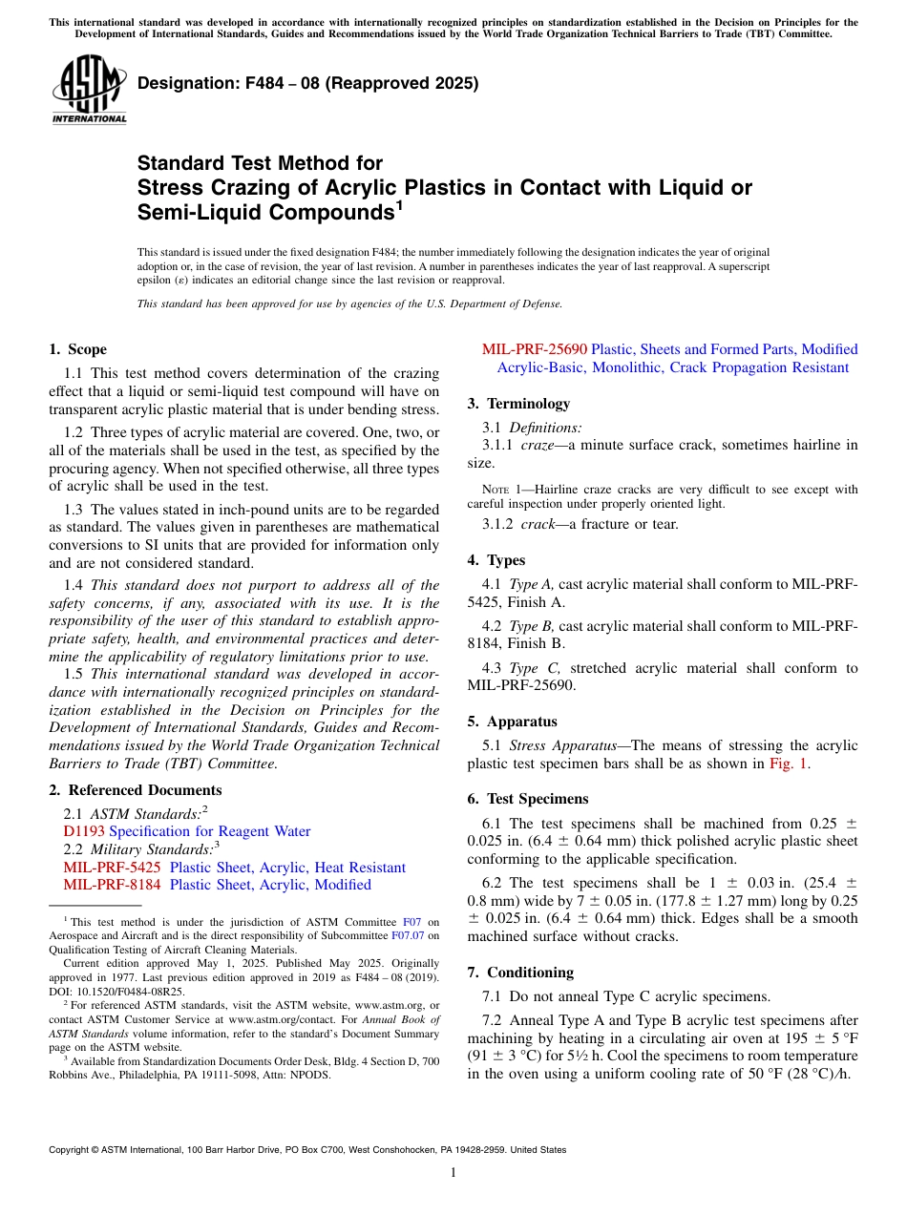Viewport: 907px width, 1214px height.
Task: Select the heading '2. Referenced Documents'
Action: (x=135, y=790)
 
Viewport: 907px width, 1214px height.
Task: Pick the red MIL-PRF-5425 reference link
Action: (x=112, y=868)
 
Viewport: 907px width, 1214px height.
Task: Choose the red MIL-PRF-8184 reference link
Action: (x=112, y=885)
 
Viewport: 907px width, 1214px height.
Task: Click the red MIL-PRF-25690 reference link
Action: (x=535, y=349)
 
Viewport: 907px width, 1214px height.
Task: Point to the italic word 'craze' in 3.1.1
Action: (x=538, y=445)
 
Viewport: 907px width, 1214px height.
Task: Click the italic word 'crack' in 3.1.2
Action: (x=538, y=524)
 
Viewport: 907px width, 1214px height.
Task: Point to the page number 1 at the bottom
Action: (x=453, y=1173)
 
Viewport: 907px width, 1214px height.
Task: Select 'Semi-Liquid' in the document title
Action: (x=197, y=212)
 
